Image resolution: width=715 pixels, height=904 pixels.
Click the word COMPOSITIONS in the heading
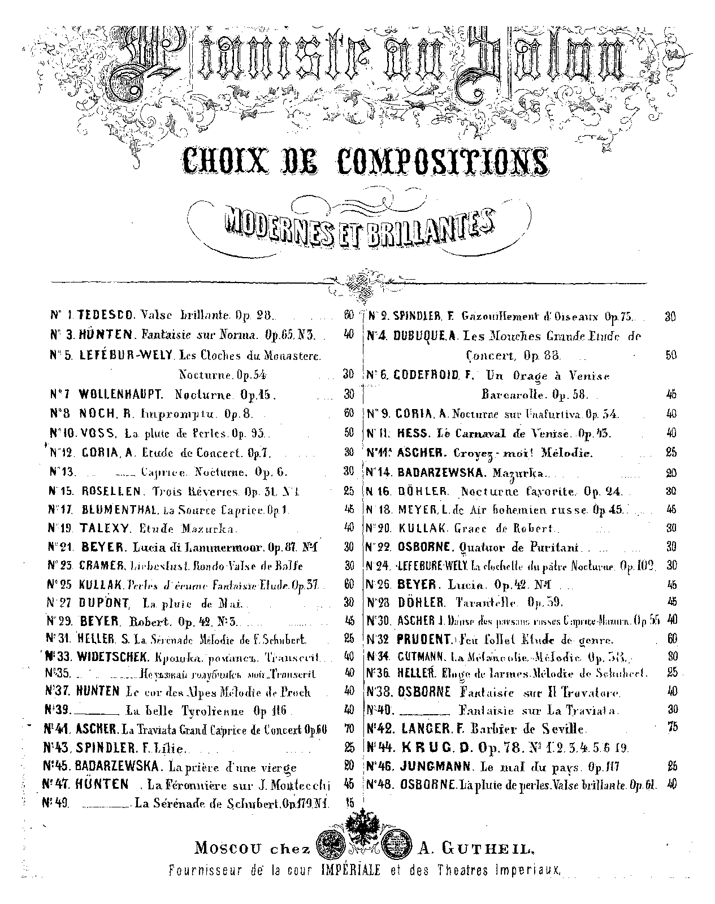[x=444, y=162]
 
